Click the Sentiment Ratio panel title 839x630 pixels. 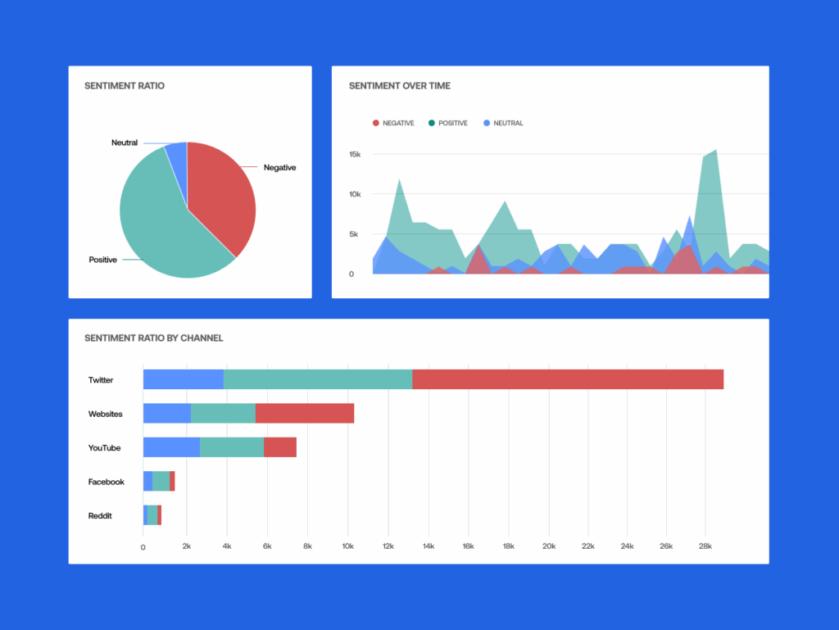pos(125,86)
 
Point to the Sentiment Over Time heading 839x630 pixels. pos(399,86)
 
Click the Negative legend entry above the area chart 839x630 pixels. pos(393,123)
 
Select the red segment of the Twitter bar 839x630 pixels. pos(568,379)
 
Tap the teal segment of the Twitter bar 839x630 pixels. pos(318,379)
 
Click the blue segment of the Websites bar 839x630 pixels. pos(167,414)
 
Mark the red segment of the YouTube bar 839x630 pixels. pos(280,447)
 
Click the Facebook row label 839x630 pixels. pos(107,482)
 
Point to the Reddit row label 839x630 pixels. pos(101,516)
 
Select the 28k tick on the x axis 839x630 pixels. pos(704,546)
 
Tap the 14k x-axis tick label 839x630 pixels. pos(428,546)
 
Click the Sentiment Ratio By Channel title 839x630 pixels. pos(154,338)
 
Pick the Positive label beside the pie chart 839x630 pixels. pos(102,260)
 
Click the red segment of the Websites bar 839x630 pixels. pos(304,414)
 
